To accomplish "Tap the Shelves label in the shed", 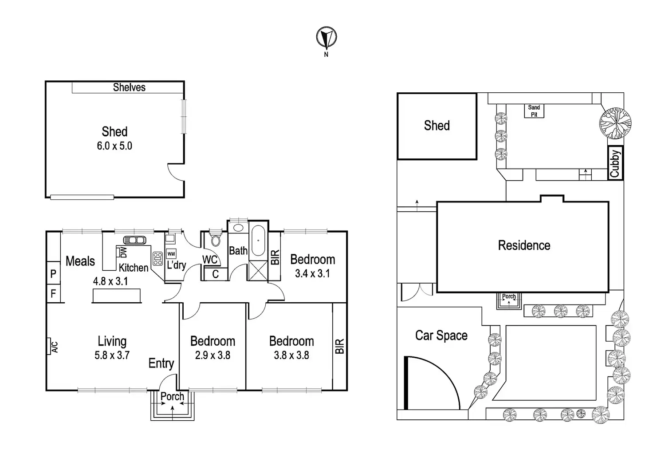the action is tap(129, 87).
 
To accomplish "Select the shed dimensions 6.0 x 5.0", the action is tap(114, 146).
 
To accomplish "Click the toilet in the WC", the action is tap(216, 240).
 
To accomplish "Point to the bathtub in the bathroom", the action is tap(258, 241).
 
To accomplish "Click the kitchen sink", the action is tap(134, 240).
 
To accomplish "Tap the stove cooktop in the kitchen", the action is tap(157, 258).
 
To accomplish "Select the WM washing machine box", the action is tap(171, 254).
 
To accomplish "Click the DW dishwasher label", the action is tap(123, 253).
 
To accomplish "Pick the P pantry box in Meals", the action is tap(53, 274).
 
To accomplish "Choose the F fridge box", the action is tap(53, 293).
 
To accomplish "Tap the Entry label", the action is tap(161, 363).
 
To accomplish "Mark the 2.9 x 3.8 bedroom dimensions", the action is tap(212, 355).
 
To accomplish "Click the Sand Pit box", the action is tap(534, 111).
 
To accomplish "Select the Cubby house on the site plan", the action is tap(615, 163).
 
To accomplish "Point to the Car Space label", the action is tap(441, 336).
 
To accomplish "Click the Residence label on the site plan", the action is tap(524, 245).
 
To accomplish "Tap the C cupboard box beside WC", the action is tap(215, 274).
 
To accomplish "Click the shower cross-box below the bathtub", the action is tap(258, 270).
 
